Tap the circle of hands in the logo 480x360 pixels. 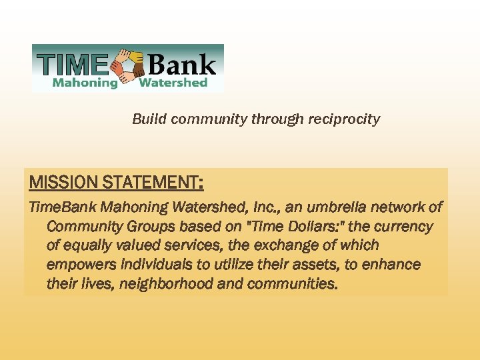[x=128, y=67]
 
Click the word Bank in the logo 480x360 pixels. [x=183, y=65]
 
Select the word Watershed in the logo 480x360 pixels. [x=173, y=83]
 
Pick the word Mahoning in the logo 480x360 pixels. [x=85, y=83]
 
